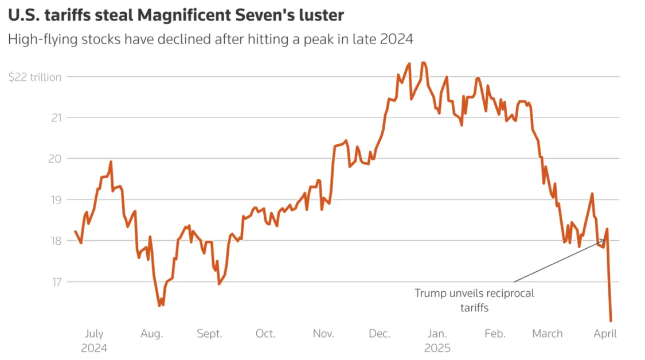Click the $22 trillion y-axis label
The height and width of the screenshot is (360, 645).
pos(35,77)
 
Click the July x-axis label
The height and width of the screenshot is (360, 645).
pos(94,334)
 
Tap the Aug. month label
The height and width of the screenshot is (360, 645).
pos(152,334)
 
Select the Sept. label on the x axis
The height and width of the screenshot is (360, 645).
pos(209,334)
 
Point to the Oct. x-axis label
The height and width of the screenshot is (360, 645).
pos(265,334)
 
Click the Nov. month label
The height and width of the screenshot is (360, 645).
pos(323,334)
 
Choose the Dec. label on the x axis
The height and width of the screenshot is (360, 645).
pos(380,334)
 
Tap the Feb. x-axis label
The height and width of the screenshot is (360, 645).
pos(495,334)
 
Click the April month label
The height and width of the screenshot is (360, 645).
pos(605,334)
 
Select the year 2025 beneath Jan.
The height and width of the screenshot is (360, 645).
pos(437,348)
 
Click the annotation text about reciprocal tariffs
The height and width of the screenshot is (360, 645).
pos(474,300)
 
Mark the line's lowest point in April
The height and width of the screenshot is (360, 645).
pos(611,320)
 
